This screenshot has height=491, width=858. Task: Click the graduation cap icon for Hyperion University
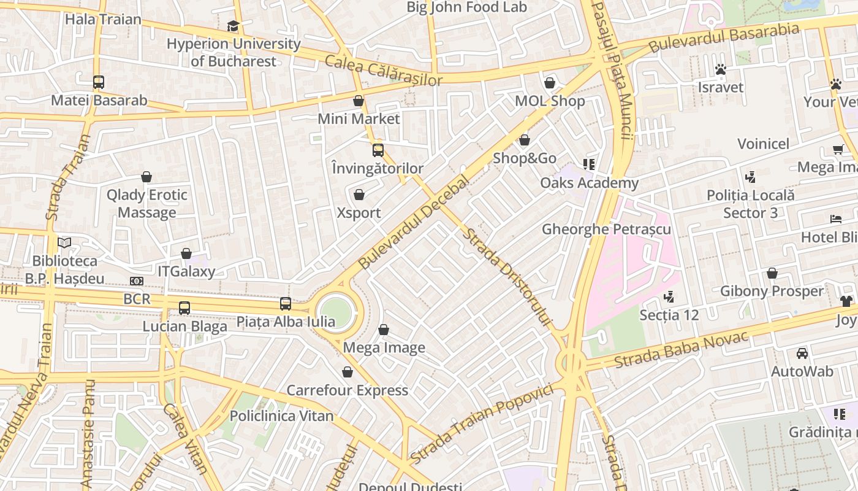tap(233, 26)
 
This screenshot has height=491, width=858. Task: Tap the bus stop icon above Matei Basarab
tap(98, 82)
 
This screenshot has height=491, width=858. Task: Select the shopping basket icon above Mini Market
tap(359, 101)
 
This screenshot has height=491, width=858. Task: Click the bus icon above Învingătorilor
tap(378, 150)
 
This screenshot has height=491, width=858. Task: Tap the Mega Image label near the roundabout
tap(384, 348)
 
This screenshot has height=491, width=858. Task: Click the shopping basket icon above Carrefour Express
tap(347, 372)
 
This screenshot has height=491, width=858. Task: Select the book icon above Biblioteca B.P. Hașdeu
tap(64, 242)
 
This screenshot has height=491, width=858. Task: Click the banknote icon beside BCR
tap(137, 281)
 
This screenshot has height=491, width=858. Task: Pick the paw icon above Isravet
tap(721, 69)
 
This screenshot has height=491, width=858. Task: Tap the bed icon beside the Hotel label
tap(836, 219)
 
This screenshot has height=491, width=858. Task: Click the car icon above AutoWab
tap(802, 354)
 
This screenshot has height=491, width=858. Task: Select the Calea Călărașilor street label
tap(383, 71)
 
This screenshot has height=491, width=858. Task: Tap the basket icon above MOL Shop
tap(550, 83)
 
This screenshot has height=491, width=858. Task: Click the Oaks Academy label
tap(589, 183)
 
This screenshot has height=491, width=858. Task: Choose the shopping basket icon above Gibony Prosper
tap(772, 273)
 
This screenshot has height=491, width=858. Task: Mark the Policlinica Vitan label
tap(281, 416)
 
